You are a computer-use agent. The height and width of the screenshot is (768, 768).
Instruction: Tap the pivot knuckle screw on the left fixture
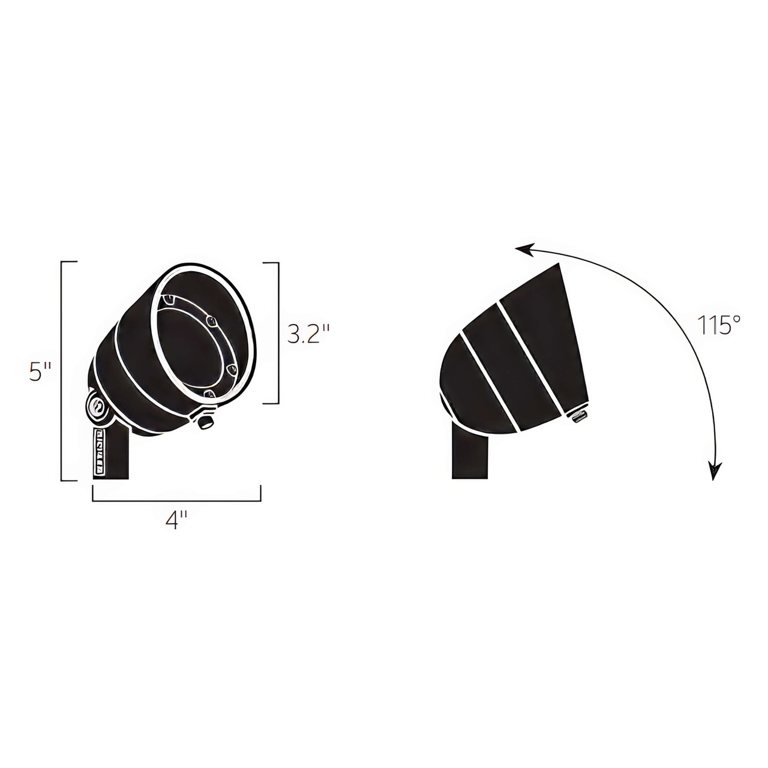coord(97,407)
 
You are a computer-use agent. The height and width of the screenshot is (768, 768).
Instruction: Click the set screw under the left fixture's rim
coord(206,422)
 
